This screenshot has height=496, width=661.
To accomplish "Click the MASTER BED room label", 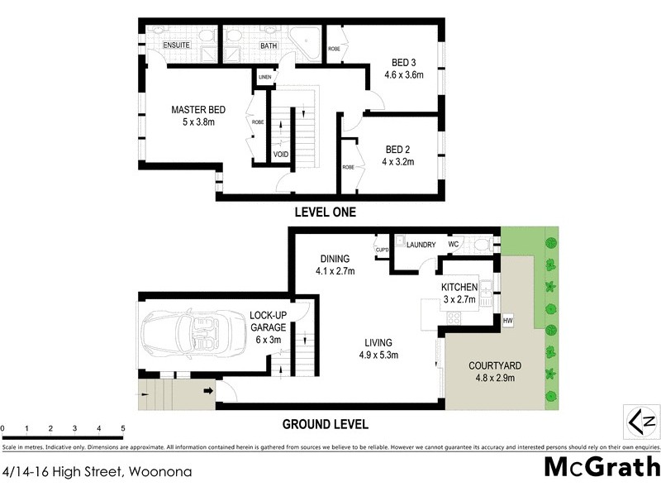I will coord(197,110).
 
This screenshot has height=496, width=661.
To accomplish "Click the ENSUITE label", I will coord(176,46).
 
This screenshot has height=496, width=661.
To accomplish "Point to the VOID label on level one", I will coord(281,154).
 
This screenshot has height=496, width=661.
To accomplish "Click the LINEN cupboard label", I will coord(264,78).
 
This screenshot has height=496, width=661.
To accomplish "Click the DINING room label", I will coord(335,258).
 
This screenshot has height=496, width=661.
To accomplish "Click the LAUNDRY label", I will coord(421,245).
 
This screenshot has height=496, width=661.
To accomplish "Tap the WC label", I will coord(454,245).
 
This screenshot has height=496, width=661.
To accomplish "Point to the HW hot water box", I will coord(506,320).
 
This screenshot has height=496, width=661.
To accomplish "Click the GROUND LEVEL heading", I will coord(325,425).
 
